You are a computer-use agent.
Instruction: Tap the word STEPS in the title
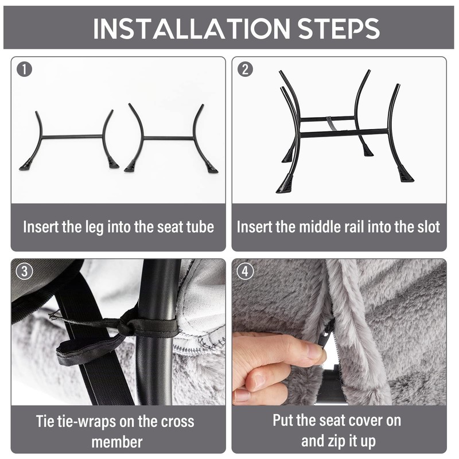click(339, 28)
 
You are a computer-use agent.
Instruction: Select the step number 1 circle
click(24, 69)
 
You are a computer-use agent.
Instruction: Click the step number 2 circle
click(246, 69)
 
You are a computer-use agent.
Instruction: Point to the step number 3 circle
click(24, 271)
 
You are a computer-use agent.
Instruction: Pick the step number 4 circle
click(246, 271)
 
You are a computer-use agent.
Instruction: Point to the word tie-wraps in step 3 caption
click(83, 422)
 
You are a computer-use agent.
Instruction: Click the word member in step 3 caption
click(117, 442)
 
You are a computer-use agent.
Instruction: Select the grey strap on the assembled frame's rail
click(332, 123)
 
